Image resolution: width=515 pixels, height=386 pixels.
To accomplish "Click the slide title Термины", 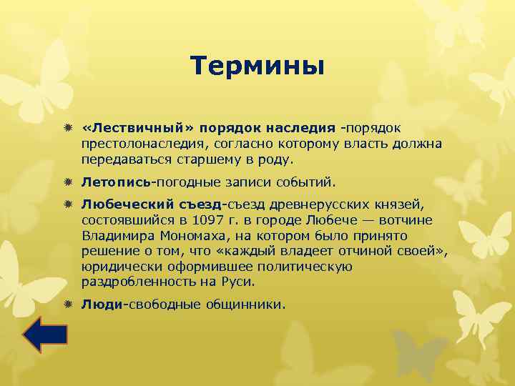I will pos(257,66).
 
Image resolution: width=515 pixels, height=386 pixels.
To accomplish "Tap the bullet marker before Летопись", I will pos(68,182).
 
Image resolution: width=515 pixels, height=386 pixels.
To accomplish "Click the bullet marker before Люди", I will pos(68,304).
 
